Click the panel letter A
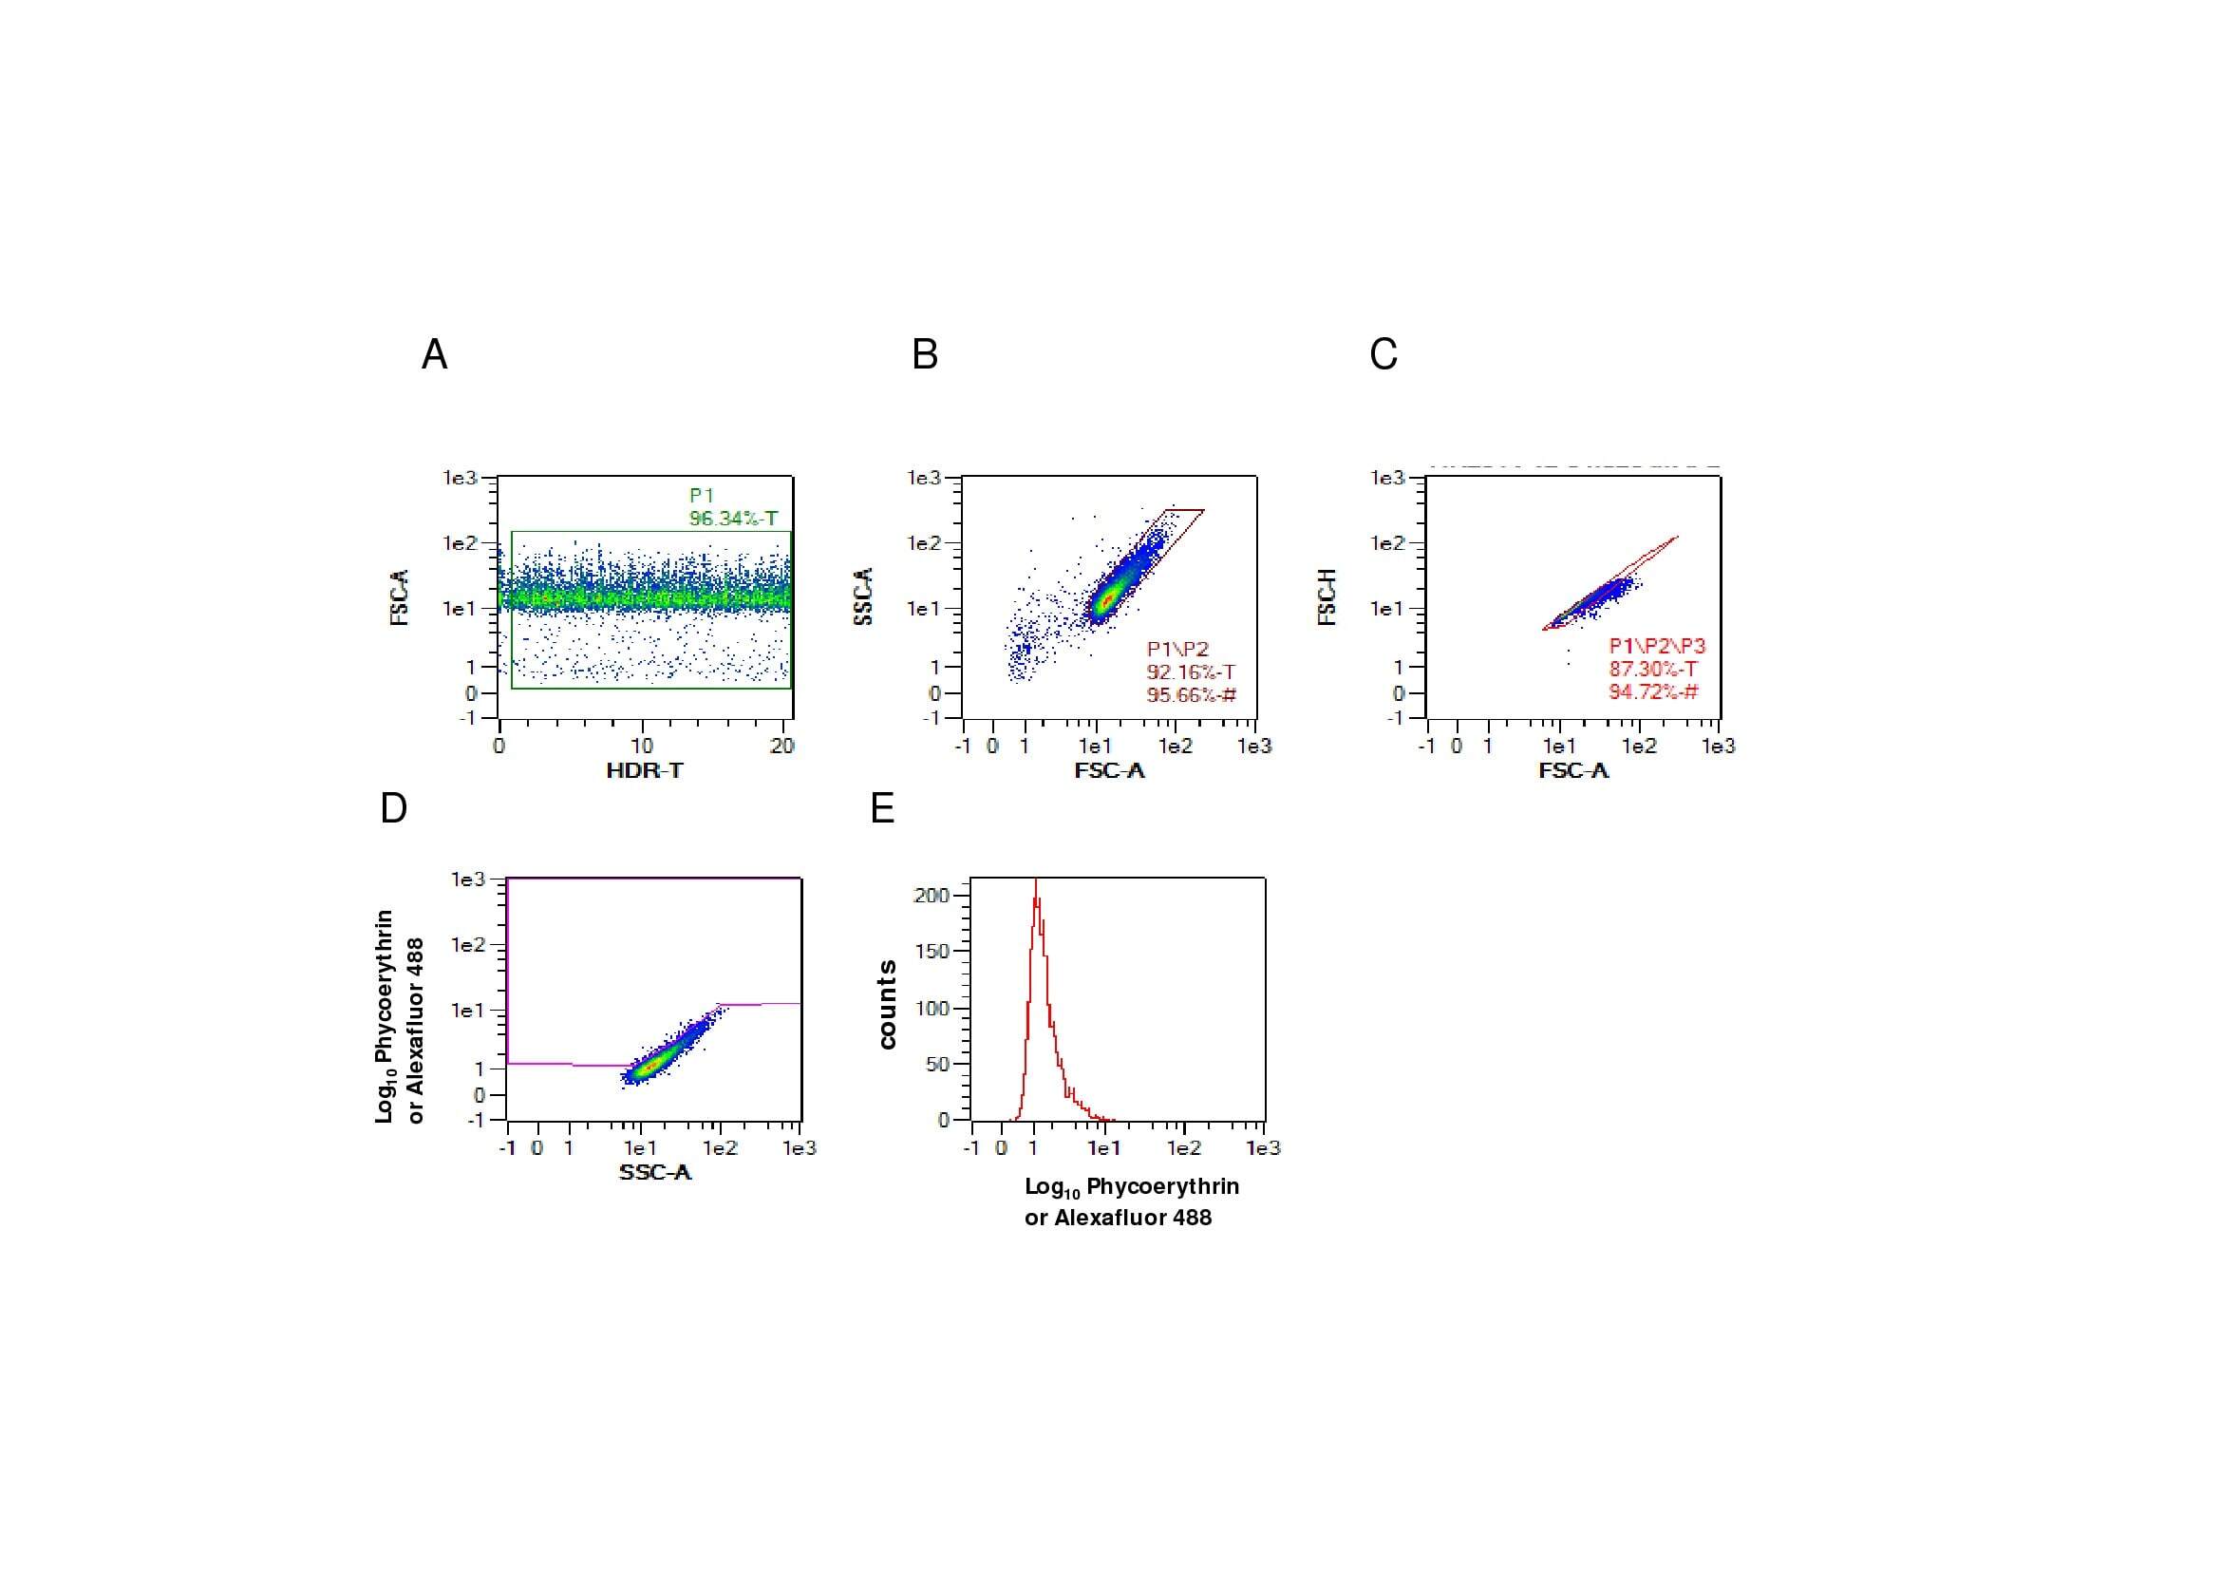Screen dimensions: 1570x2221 434,355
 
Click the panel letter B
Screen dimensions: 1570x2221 925,355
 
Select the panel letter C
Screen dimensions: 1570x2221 1383,355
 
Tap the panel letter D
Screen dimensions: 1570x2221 394,807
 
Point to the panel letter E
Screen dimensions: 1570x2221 882,807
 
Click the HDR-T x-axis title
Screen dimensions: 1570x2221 644,771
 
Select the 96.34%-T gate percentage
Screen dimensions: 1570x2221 732,519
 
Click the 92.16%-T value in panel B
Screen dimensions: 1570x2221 1191,672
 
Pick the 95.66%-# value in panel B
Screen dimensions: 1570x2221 1191,695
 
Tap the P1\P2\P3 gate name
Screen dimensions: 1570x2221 1657,646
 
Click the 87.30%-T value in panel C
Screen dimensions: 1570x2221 1652,670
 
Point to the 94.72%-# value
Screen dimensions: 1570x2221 1652,692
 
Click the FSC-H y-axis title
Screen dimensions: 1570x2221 1328,596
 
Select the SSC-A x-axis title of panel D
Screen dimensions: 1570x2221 655,1173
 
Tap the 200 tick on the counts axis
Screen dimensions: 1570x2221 932,896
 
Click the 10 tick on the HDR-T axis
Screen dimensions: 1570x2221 642,746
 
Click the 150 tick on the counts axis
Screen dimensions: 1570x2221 932,951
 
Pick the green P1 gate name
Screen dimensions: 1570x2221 702,495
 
